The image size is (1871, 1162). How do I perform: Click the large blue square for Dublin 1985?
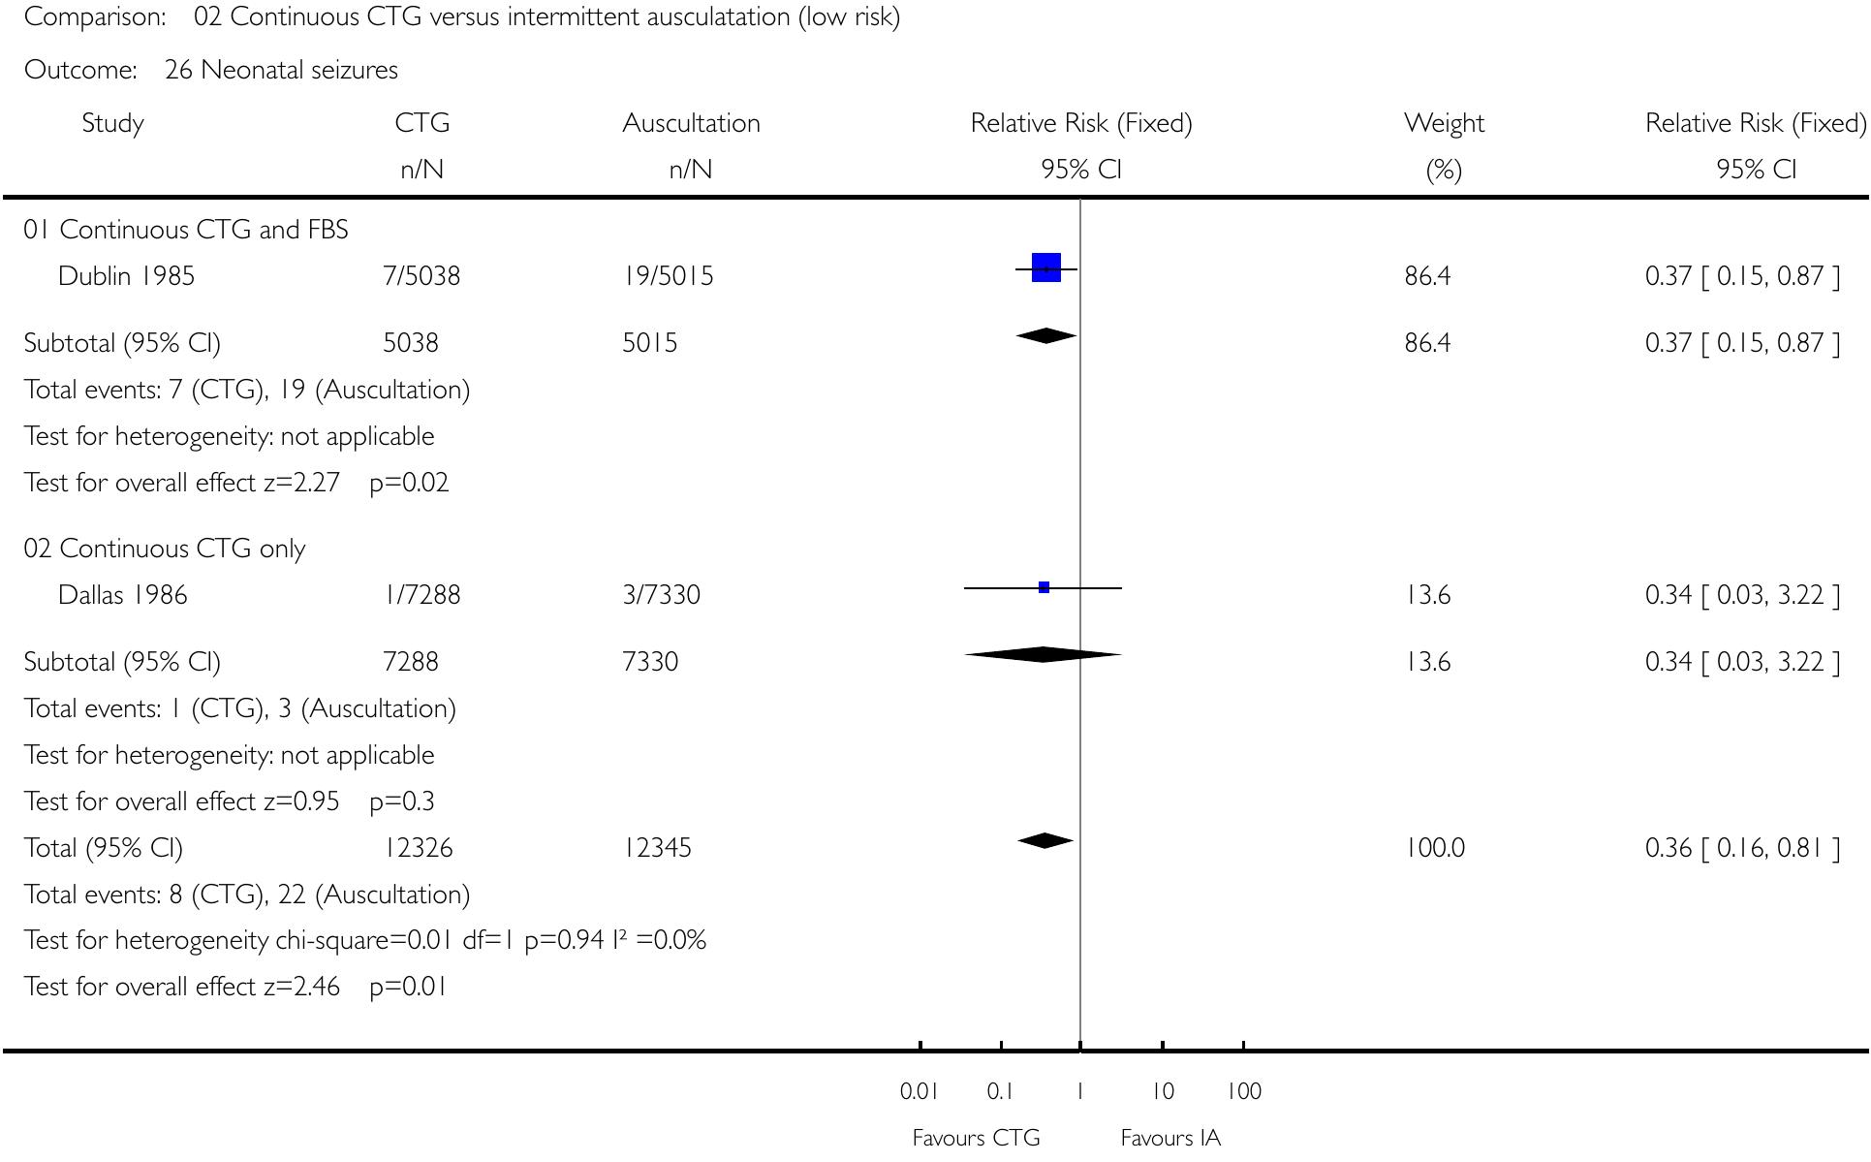pos(1046,267)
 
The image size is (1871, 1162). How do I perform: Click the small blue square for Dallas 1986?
pos(1044,587)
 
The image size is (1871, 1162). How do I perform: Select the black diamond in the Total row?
pos(1045,840)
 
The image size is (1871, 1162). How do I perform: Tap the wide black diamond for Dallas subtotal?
pos(1043,655)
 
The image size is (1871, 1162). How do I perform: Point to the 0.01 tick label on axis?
pos(919,1091)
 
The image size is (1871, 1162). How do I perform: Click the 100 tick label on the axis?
pos(1244,1091)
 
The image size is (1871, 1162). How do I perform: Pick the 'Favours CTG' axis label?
pos(976,1138)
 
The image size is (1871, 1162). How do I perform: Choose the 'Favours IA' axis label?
pos(1170,1138)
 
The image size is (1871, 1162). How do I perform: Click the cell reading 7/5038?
pos(421,276)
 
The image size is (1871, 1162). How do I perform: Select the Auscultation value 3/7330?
pos(661,595)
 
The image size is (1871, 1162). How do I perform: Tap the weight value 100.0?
pos(1434,848)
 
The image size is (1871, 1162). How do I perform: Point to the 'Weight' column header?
pos(1443,123)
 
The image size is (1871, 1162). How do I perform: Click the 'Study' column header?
pos(113,123)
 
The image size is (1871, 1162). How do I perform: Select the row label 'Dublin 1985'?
pos(126,276)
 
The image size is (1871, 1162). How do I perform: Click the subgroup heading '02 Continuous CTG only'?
pos(165,549)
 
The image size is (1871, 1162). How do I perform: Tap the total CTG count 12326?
pos(418,848)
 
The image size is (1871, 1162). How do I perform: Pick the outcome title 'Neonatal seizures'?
pos(299,70)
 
